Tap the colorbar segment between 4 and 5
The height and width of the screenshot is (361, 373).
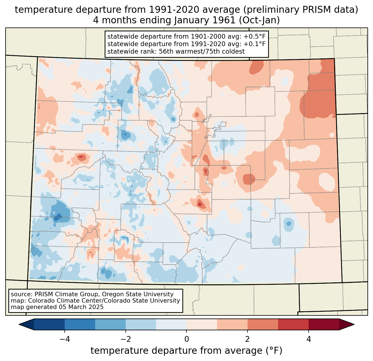(x=324, y=324)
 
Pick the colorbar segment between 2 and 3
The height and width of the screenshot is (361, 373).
(x=263, y=324)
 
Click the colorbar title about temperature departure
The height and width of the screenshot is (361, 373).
(x=186, y=351)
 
